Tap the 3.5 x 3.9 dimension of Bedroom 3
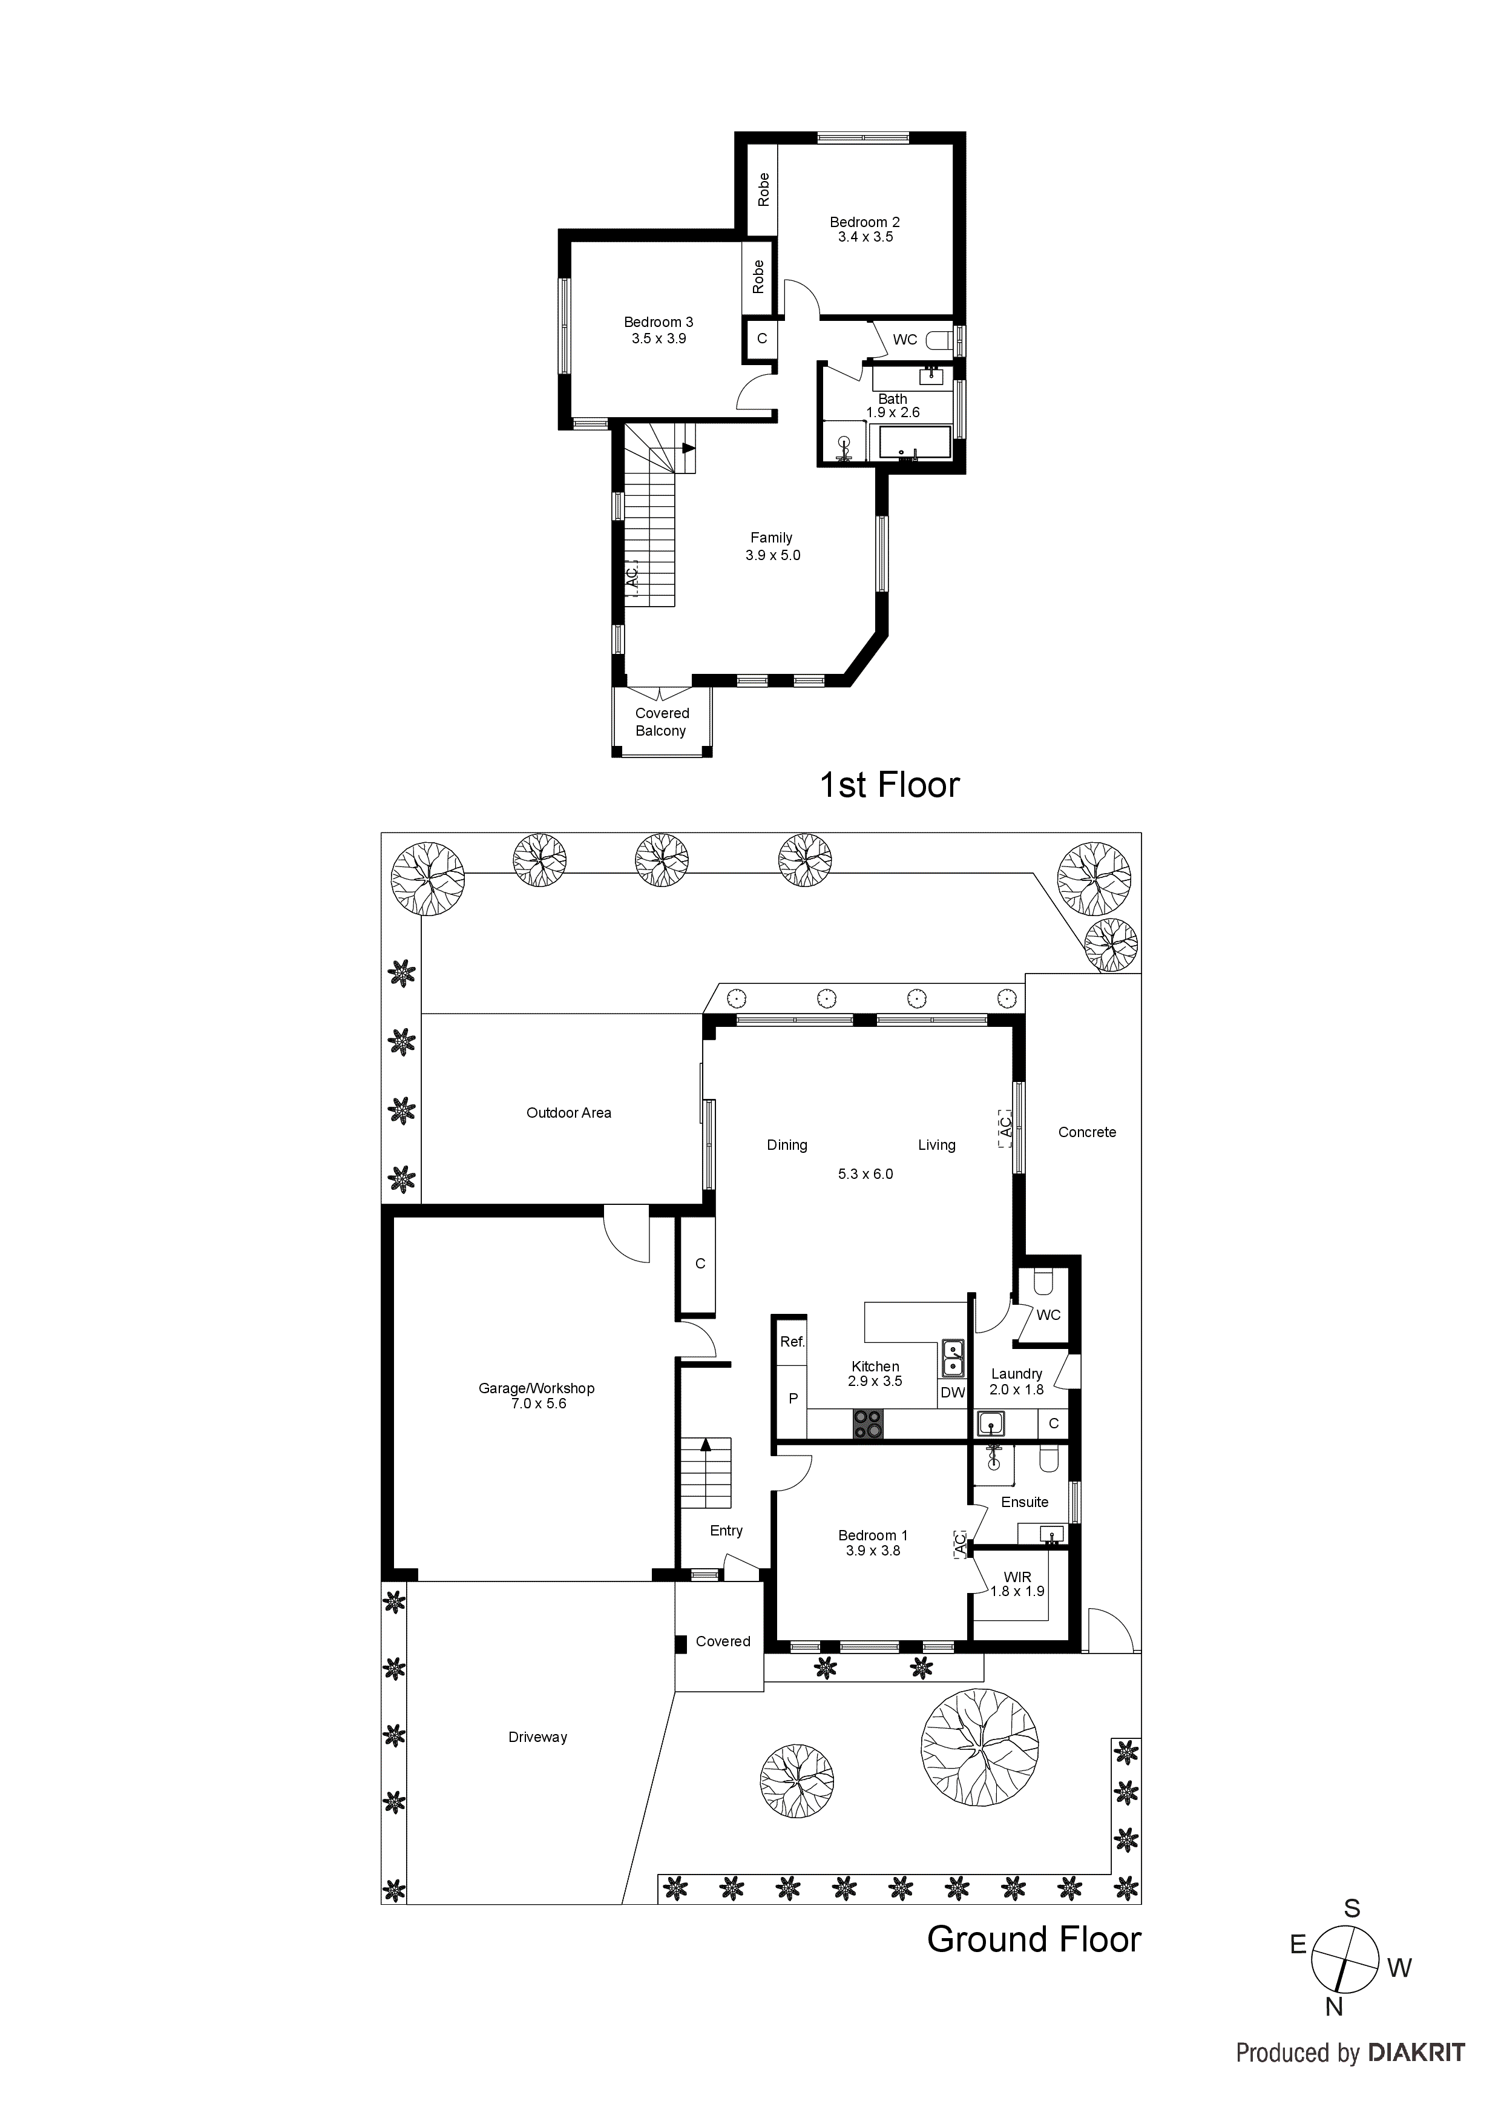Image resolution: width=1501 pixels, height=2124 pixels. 659,338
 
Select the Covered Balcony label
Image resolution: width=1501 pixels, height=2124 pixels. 662,722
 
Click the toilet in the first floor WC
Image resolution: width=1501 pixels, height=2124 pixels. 939,340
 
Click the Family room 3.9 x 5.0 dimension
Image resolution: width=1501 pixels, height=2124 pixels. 772,555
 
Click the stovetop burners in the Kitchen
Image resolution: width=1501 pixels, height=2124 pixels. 867,1423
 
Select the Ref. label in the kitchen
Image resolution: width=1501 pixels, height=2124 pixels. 792,1341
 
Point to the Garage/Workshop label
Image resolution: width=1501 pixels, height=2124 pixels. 536,1388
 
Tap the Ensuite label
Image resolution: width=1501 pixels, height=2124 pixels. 1024,1502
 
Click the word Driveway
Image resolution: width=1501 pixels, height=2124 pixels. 537,1736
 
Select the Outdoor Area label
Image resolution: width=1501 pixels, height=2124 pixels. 569,1113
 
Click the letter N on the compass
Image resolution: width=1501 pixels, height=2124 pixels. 1333,2033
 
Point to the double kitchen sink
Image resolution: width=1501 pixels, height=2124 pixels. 951,1359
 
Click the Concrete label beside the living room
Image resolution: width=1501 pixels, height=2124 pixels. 1086,1132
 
